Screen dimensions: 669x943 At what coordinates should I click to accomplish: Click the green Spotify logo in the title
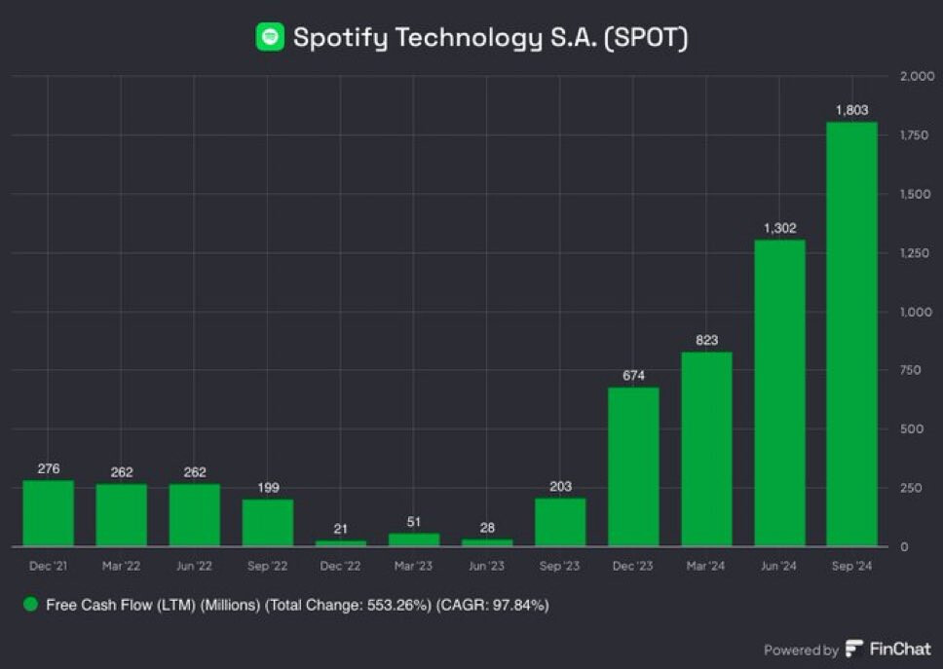(x=270, y=37)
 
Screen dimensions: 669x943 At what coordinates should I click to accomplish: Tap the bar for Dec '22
(x=341, y=542)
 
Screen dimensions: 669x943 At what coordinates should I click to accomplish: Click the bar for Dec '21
(x=49, y=512)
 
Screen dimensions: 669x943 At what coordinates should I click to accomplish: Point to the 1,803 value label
(x=851, y=111)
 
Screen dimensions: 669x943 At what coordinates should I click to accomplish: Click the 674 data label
(x=633, y=376)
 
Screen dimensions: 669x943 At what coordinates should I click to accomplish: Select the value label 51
(x=414, y=522)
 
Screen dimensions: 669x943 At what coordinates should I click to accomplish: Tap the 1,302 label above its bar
(x=779, y=229)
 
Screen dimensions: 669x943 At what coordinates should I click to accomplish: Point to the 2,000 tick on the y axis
(x=917, y=76)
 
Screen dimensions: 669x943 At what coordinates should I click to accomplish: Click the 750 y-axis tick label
(x=912, y=370)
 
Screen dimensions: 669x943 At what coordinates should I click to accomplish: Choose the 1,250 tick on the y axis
(x=915, y=253)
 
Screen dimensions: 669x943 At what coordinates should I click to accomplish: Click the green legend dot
(x=30, y=605)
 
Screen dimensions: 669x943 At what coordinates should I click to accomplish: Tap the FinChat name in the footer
(x=899, y=650)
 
